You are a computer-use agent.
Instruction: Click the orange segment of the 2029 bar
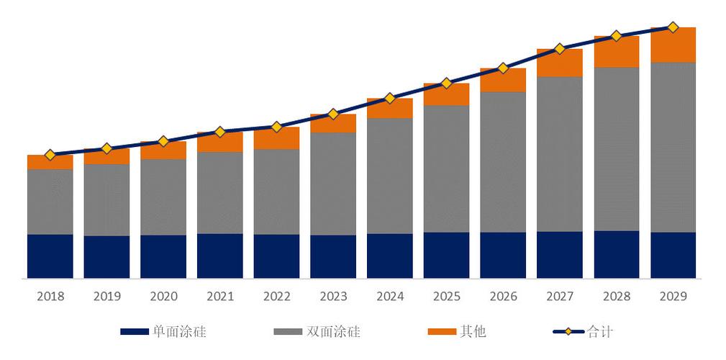click(x=673, y=45)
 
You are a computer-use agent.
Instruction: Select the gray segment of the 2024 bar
click(x=390, y=176)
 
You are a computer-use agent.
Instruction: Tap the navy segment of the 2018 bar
click(x=50, y=256)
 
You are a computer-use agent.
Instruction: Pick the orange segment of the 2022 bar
click(x=277, y=138)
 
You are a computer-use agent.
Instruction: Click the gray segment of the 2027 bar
click(x=560, y=154)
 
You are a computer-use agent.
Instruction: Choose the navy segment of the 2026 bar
click(x=503, y=255)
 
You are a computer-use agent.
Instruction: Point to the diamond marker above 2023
click(x=333, y=114)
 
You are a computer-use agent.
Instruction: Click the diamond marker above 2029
click(x=673, y=27)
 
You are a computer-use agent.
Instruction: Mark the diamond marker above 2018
click(x=50, y=155)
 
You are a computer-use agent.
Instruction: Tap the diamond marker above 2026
click(x=503, y=68)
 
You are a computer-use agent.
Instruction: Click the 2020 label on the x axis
click(x=163, y=297)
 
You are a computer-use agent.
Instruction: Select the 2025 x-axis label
click(x=446, y=297)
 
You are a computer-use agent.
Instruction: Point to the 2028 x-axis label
click(x=617, y=297)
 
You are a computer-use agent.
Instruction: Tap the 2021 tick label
click(x=220, y=297)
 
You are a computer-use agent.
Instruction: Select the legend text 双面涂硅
click(x=334, y=332)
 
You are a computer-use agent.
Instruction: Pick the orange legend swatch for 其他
click(x=442, y=332)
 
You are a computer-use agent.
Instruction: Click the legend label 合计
click(x=600, y=332)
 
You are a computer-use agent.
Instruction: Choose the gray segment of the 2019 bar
click(x=107, y=200)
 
